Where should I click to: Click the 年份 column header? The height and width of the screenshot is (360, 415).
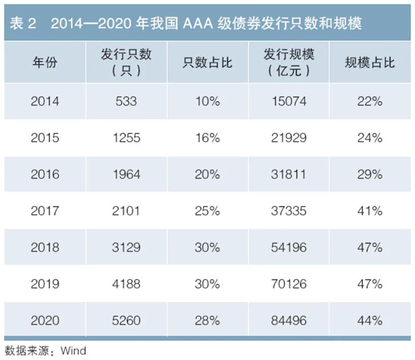click(45, 63)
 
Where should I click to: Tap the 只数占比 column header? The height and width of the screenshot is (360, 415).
click(207, 63)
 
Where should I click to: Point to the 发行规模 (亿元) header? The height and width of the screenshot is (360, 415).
click(289, 63)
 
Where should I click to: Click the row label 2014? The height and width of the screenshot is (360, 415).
click(45, 101)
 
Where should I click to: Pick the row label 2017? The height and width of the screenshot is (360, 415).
click(45, 211)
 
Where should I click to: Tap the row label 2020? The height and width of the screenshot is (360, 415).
click(45, 320)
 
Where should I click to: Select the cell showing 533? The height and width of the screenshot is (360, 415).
click(126, 101)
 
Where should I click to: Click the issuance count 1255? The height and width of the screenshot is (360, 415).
click(126, 138)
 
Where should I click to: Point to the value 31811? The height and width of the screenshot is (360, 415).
click(289, 174)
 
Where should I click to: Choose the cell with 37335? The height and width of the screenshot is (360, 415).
click(289, 211)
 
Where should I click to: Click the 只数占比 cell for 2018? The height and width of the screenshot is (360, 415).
click(207, 247)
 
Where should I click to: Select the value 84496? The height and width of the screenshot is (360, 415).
click(289, 320)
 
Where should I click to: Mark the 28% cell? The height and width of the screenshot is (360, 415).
click(207, 320)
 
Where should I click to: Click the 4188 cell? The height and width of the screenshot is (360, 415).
click(126, 284)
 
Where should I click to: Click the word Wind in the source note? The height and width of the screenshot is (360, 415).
click(74, 351)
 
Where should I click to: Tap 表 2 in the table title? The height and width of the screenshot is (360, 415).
click(23, 24)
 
